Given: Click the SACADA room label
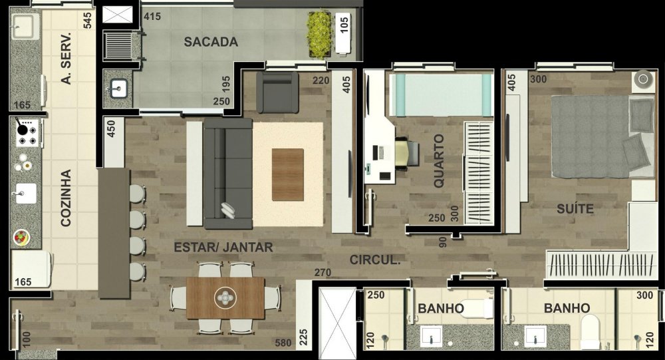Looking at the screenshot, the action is [x=211, y=42].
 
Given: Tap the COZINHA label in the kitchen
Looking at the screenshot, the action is [x=66, y=198].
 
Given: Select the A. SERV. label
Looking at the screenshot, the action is [x=66, y=58].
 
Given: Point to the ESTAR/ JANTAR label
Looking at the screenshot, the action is [x=223, y=247].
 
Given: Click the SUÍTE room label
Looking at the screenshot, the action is [x=575, y=208].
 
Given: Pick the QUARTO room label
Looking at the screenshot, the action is [x=439, y=161].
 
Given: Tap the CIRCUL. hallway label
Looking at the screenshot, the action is [x=375, y=260].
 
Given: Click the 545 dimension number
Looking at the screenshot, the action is [x=87, y=21].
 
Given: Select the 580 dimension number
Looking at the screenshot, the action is [x=283, y=343].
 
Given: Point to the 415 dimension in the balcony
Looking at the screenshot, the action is [x=152, y=17].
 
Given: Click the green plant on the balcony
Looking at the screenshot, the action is [x=319, y=35].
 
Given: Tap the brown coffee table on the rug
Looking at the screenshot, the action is [x=288, y=174].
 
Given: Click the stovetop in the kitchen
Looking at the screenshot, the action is [x=27, y=133].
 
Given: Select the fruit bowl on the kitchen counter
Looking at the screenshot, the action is [x=21, y=238].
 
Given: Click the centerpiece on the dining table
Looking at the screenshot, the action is [x=225, y=298].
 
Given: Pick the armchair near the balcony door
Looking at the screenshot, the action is [x=278, y=92].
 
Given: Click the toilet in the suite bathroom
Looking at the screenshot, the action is [x=591, y=333].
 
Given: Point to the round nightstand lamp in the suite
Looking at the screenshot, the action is [x=643, y=79].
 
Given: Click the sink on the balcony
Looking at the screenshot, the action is [x=118, y=89].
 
